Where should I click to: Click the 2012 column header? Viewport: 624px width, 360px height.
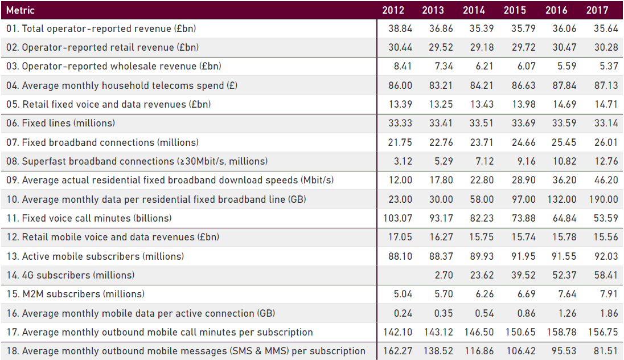(393, 10)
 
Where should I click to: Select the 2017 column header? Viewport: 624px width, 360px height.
(597, 10)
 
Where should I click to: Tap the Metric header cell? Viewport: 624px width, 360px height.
(20, 10)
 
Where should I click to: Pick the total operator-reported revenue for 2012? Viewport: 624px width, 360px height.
(400, 28)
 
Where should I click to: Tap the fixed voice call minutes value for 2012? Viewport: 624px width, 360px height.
(398, 218)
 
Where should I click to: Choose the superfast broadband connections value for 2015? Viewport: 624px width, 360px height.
(523, 161)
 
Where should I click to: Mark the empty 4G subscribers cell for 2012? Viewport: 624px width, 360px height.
(399, 275)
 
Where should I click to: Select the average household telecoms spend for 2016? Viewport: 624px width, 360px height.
(564, 85)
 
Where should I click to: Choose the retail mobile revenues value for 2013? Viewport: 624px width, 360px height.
(441, 237)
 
